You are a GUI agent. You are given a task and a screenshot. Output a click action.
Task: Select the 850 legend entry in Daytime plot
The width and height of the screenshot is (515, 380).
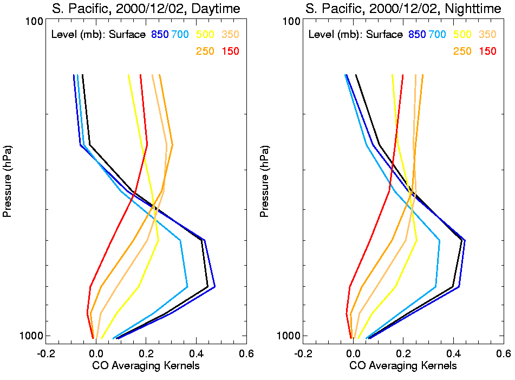[x=160, y=35]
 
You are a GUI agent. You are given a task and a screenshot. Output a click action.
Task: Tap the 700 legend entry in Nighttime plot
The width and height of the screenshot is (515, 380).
[x=437, y=35]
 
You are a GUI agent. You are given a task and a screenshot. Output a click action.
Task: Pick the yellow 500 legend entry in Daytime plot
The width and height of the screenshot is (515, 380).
[x=205, y=35]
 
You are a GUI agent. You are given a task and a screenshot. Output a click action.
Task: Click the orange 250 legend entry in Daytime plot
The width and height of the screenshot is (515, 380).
[x=205, y=51]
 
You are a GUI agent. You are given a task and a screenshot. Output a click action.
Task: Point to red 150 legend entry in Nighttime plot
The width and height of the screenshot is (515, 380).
[x=488, y=51]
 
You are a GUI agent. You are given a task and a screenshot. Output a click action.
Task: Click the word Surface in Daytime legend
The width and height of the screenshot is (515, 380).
[x=127, y=35]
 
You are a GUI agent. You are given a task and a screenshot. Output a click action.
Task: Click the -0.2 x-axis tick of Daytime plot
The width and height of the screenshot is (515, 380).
[x=45, y=353]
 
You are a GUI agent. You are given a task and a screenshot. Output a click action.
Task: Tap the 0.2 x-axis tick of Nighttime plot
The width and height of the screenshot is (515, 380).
[x=403, y=353]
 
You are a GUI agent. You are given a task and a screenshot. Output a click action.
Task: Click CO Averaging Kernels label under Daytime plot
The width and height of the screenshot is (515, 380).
[x=146, y=366]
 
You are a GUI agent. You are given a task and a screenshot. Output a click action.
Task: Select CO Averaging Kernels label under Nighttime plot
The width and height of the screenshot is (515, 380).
[x=403, y=366]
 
